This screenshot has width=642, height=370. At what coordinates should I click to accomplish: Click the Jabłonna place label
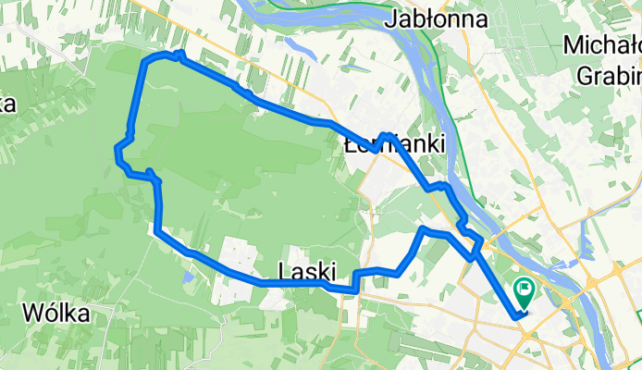click(x=426, y=17)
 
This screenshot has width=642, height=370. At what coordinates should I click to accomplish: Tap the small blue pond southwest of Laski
click(x=188, y=275)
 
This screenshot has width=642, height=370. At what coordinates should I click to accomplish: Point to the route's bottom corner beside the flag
click(x=515, y=317)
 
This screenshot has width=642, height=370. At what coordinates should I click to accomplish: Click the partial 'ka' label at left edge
click(x=7, y=104)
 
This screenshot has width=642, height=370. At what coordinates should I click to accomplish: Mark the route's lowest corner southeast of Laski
click(x=355, y=290)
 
